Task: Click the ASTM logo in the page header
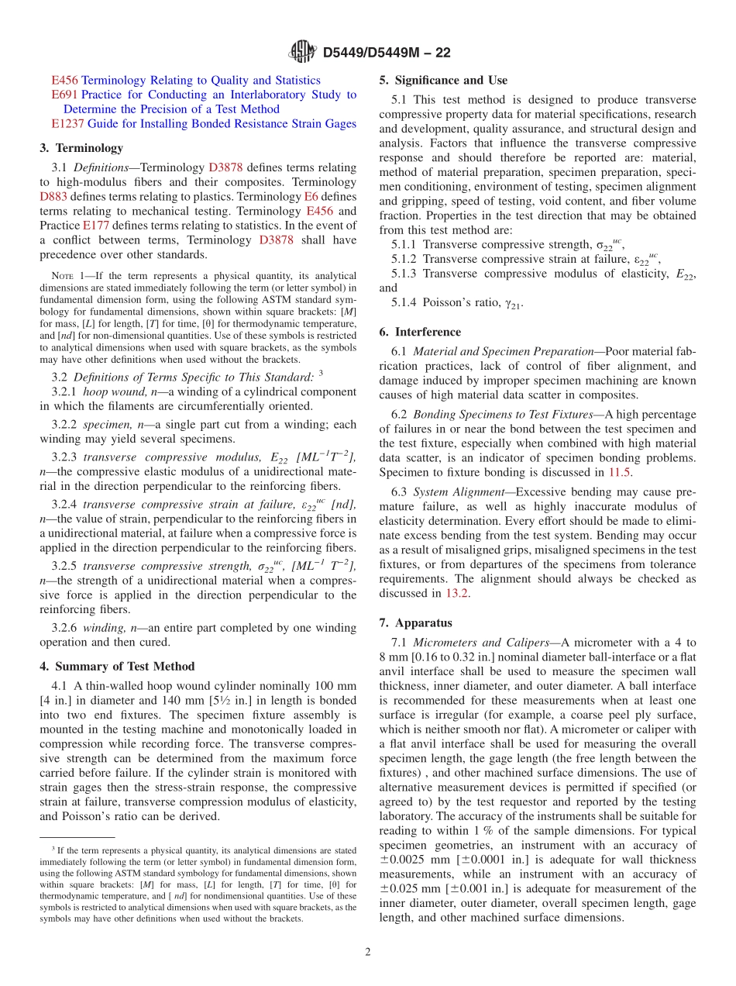(302, 52)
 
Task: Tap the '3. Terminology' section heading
(81, 147)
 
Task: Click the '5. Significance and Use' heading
(443, 80)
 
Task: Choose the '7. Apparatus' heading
(416, 622)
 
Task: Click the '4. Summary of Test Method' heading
(117, 666)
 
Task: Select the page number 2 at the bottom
(368, 952)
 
